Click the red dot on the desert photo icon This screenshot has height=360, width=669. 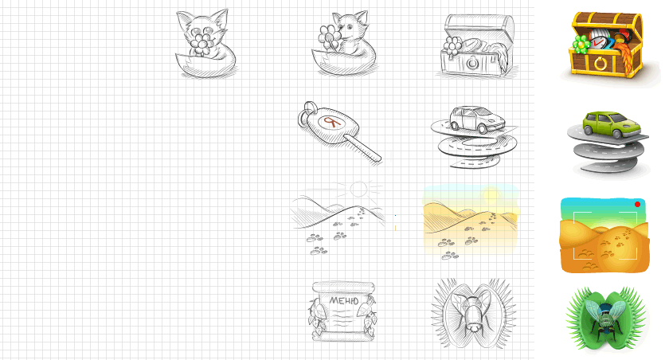(x=637, y=205)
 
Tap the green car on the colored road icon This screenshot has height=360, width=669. (x=612, y=124)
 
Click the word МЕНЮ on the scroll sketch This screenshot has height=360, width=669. (x=344, y=301)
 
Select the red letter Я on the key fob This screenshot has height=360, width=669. (x=331, y=123)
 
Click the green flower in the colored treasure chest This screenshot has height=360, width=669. (x=581, y=45)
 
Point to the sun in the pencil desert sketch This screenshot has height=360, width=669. (x=359, y=189)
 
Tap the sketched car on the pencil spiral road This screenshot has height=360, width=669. (x=477, y=119)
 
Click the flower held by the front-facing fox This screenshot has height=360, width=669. (x=201, y=42)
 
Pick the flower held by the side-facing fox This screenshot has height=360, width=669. (x=330, y=37)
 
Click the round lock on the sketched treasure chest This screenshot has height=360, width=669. (x=472, y=63)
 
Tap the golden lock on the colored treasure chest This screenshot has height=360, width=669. (x=601, y=64)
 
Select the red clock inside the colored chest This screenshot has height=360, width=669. (x=597, y=42)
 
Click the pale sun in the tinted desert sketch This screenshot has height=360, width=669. (x=491, y=194)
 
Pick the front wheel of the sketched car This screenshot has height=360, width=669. (x=483, y=129)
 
